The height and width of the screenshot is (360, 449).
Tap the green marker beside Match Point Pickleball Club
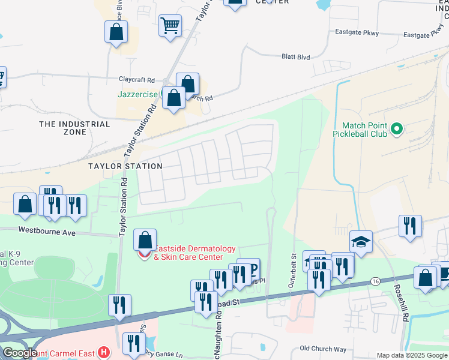click(x=396, y=128)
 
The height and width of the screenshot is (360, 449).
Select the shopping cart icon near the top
click(x=170, y=26)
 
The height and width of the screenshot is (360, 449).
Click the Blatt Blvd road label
click(x=295, y=57)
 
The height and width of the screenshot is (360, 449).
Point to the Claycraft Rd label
click(x=136, y=79)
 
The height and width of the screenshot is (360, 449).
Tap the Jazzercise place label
click(x=136, y=94)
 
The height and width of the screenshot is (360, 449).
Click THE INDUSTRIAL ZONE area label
click(x=75, y=128)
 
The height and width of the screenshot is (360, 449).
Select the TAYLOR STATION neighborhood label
click(x=125, y=166)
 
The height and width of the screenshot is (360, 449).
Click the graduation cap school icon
click(x=361, y=241)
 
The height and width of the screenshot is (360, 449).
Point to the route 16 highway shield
click(x=375, y=281)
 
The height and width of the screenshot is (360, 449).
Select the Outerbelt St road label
click(x=293, y=272)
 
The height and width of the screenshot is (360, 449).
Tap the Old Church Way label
click(x=323, y=349)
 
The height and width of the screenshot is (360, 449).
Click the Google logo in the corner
click(x=19, y=353)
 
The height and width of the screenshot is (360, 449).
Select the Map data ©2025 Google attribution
click(x=412, y=355)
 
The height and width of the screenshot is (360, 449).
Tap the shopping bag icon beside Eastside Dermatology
click(x=145, y=240)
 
